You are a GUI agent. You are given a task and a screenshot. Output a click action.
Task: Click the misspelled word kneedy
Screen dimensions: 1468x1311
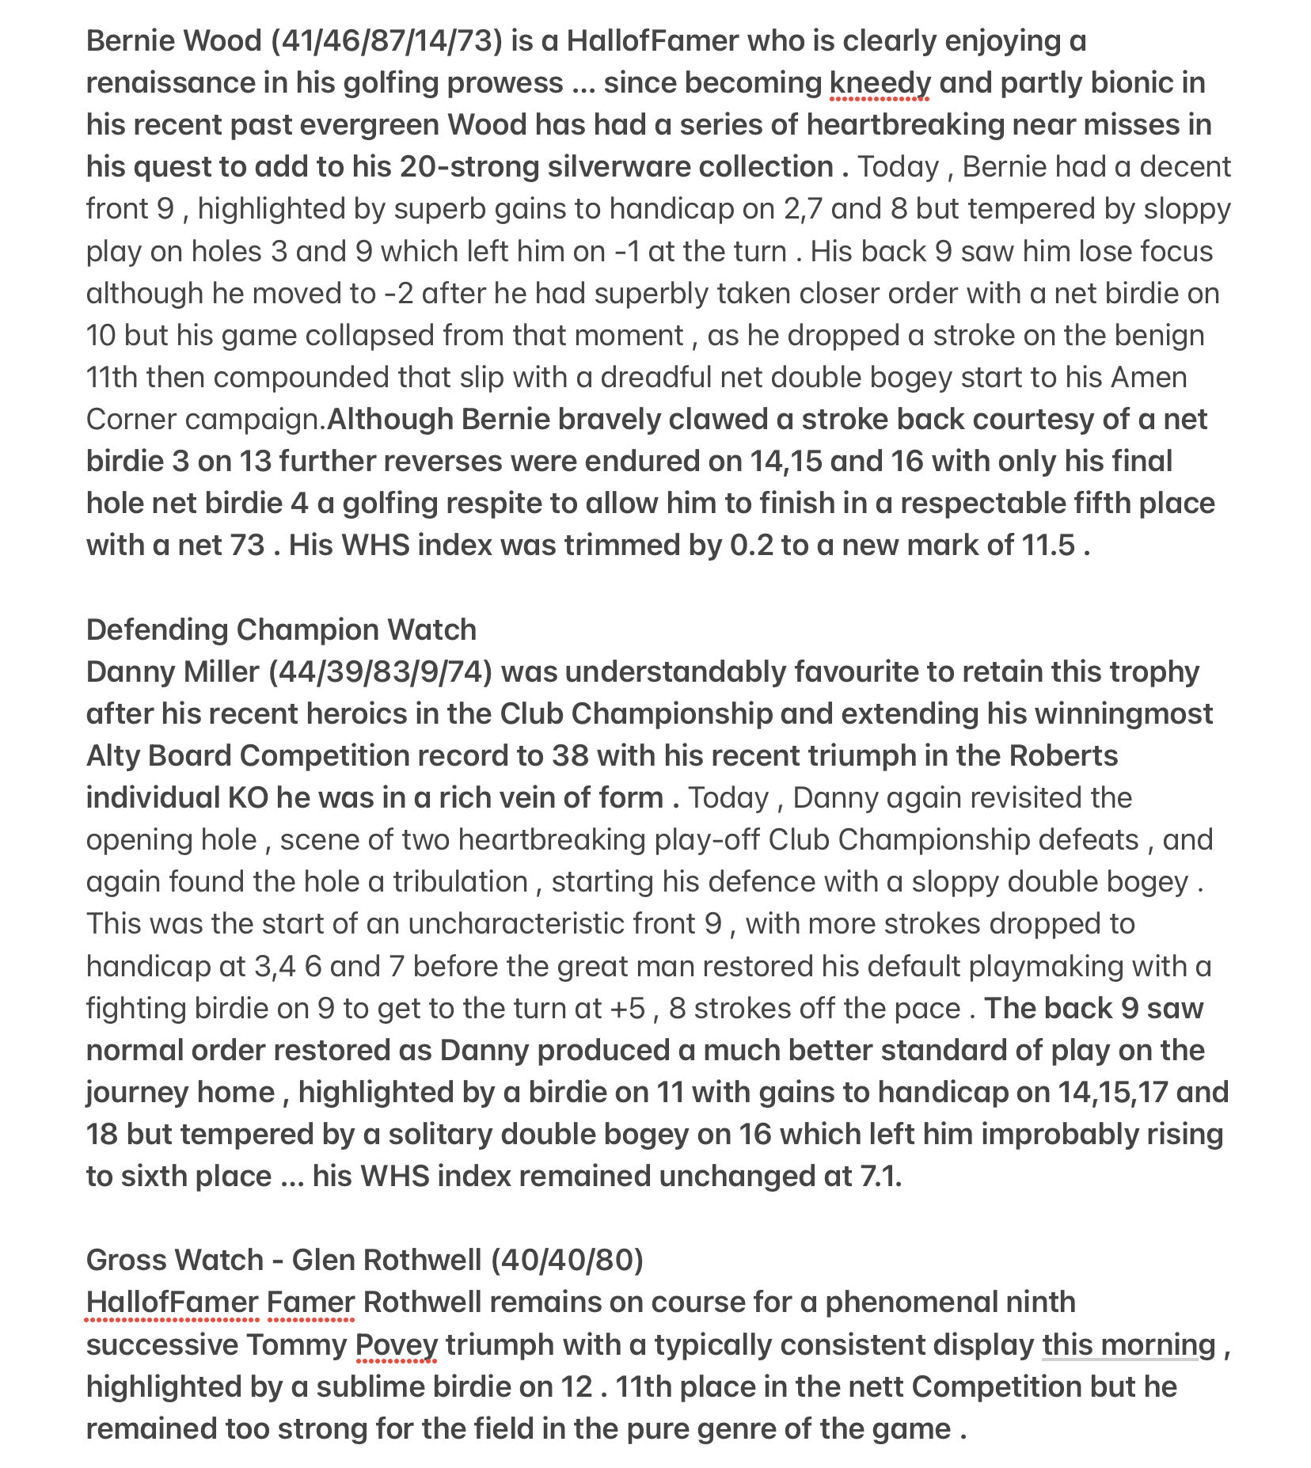(x=880, y=83)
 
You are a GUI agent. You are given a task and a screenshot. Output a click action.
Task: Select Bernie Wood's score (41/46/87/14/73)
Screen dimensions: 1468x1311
(x=386, y=41)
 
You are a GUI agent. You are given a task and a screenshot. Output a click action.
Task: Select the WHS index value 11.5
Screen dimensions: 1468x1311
(x=1047, y=546)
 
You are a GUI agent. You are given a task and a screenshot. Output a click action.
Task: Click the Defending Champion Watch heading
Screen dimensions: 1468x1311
(x=281, y=630)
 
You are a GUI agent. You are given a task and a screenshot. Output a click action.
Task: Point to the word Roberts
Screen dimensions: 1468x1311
(x=1063, y=756)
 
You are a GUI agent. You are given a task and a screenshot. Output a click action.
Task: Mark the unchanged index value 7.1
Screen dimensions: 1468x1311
(x=881, y=1177)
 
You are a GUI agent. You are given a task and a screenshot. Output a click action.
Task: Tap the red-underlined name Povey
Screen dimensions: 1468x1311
(x=396, y=1345)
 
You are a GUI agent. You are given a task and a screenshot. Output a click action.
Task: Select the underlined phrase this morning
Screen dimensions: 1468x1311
(x=1128, y=1345)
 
